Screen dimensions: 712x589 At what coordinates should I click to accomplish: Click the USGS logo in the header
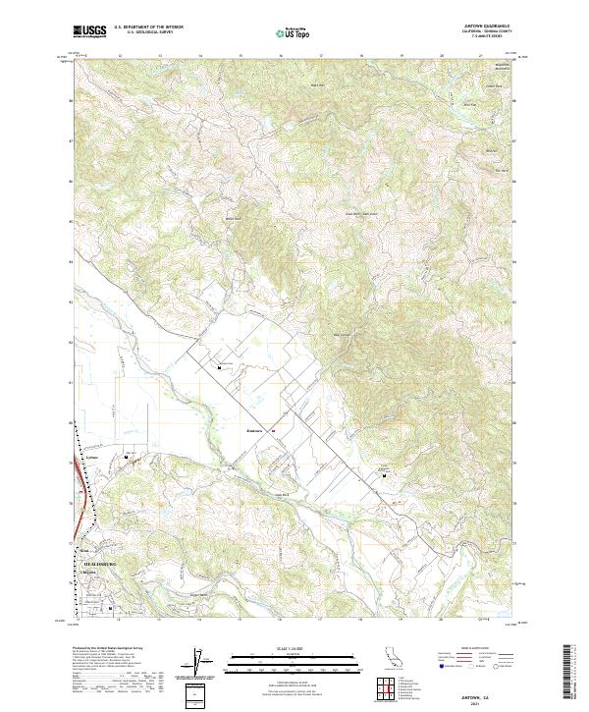(88, 32)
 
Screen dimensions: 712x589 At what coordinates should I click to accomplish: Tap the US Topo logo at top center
(294, 33)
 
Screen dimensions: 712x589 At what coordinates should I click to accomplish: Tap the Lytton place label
(94, 459)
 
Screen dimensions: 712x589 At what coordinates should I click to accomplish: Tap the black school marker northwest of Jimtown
(219, 367)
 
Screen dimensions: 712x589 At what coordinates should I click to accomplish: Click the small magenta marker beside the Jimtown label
(273, 430)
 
